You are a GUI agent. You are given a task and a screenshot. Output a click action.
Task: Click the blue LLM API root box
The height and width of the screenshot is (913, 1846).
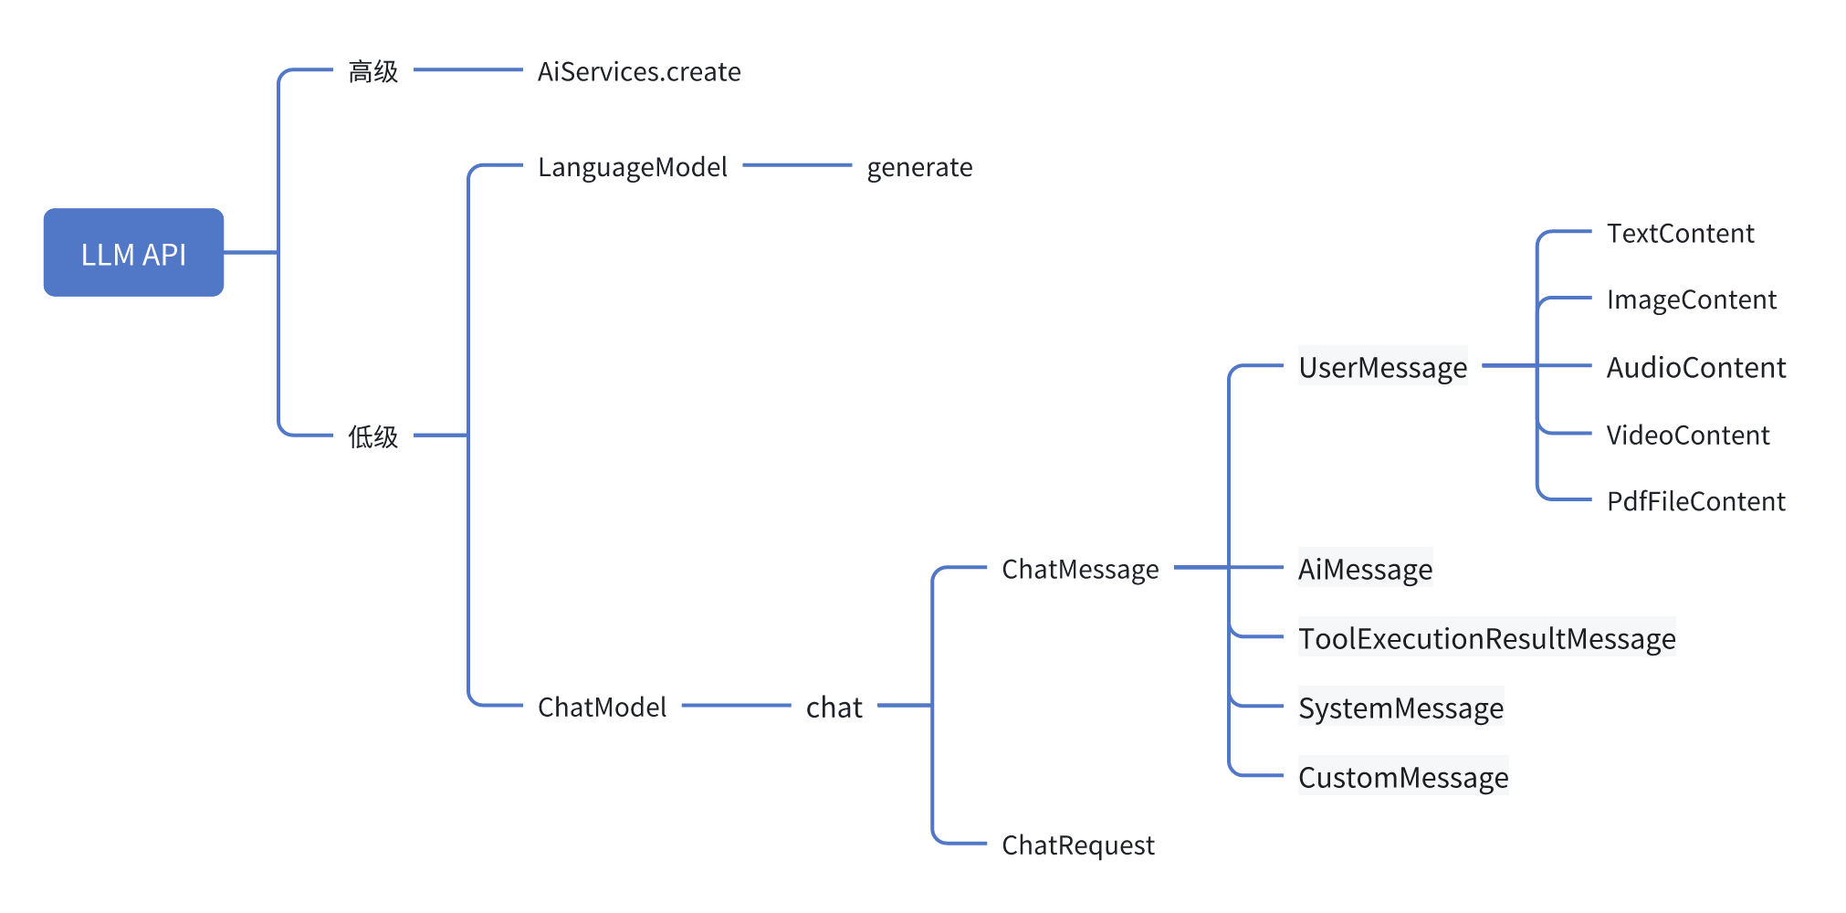[x=133, y=253]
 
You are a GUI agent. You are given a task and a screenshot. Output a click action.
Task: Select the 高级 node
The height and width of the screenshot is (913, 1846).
[x=372, y=71]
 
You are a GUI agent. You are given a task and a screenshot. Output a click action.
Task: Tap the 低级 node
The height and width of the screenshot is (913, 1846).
[x=372, y=436]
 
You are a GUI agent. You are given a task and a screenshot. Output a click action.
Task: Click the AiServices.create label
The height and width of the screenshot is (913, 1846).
[x=638, y=71]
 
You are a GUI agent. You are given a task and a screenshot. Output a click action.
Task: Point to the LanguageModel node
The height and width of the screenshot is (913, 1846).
[x=632, y=167]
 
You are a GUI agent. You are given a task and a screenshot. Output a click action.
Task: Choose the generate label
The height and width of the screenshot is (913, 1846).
[x=918, y=167]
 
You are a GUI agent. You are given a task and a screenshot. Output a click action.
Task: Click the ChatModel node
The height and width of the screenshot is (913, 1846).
[x=602, y=707]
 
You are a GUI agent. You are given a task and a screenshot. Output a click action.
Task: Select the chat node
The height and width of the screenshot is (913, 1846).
[x=834, y=707]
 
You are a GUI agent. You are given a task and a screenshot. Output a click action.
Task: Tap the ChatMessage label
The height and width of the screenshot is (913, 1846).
[x=1079, y=569]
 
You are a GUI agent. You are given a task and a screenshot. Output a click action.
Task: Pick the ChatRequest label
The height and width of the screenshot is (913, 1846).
[x=1077, y=845]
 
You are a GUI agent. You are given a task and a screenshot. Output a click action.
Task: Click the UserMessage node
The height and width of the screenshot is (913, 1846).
[x=1382, y=367]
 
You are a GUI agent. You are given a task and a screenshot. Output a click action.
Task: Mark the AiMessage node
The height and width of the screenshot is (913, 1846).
[x=1365, y=569]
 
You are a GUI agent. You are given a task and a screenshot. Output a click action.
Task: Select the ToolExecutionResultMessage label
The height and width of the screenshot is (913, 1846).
[x=1486, y=638]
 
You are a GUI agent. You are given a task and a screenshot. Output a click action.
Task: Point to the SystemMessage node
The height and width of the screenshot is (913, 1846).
[x=1400, y=708]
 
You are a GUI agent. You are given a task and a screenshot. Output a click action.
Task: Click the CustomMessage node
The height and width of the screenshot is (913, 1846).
[x=1402, y=777]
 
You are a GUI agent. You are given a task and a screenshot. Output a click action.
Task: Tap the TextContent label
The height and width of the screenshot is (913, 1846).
[x=1680, y=233]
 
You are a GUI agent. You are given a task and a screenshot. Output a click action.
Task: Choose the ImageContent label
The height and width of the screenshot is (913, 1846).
[x=1691, y=299]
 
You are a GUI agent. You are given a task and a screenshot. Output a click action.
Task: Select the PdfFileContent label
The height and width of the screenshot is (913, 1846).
[x=1695, y=501]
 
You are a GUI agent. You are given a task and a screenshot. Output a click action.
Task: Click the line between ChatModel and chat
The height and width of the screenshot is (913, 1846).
[x=736, y=705]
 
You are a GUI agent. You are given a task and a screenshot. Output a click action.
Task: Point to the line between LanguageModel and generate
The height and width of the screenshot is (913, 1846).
[x=797, y=165]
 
